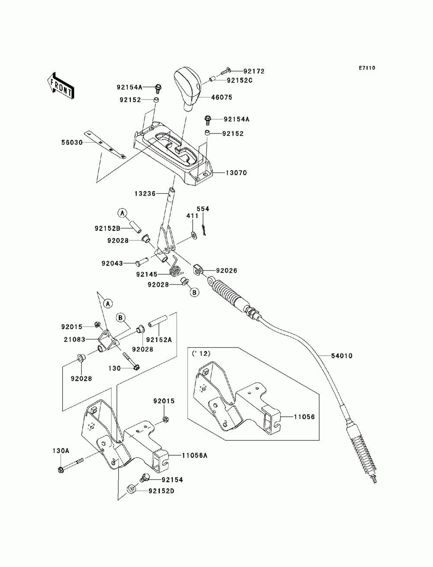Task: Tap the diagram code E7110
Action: click(367, 68)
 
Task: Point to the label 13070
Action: click(236, 172)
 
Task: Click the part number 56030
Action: click(72, 143)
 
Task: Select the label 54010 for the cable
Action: click(342, 356)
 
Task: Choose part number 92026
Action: click(226, 270)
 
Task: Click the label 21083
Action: click(74, 340)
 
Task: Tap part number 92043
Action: click(112, 263)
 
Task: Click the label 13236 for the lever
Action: click(145, 193)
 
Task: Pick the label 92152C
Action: click(239, 80)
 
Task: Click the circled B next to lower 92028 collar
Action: click(195, 292)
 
